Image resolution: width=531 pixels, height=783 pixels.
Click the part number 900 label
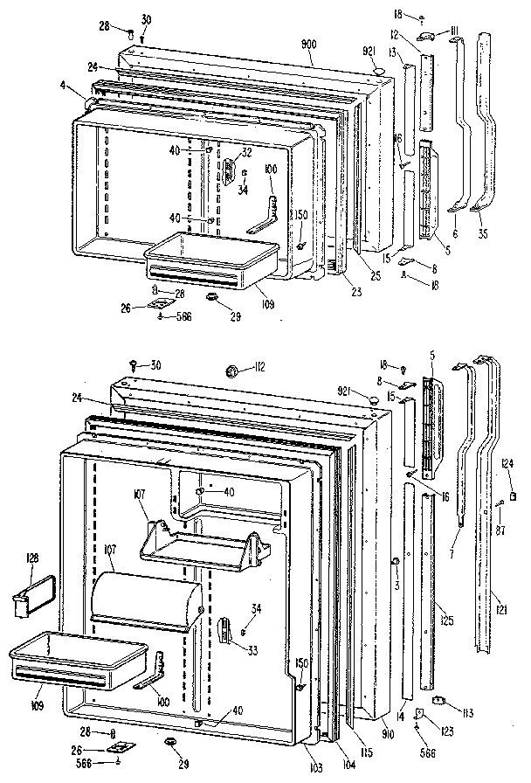coord(333,44)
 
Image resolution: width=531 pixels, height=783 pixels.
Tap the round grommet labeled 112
coord(233,370)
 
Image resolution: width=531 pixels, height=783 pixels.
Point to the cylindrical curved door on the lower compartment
coord(146,597)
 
